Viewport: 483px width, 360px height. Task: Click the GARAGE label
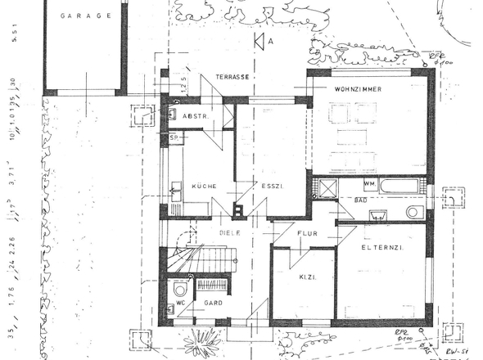tap(84, 15)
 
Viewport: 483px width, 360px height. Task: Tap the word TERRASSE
tap(232, 76)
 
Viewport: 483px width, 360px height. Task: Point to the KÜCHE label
tap(204, 187)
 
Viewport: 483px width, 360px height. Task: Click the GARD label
tap(215, 303)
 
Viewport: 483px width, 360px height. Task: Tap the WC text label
tap(181, 304)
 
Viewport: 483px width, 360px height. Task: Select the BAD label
tap(359, 200)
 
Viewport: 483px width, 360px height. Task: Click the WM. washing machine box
tap(346, 184)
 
